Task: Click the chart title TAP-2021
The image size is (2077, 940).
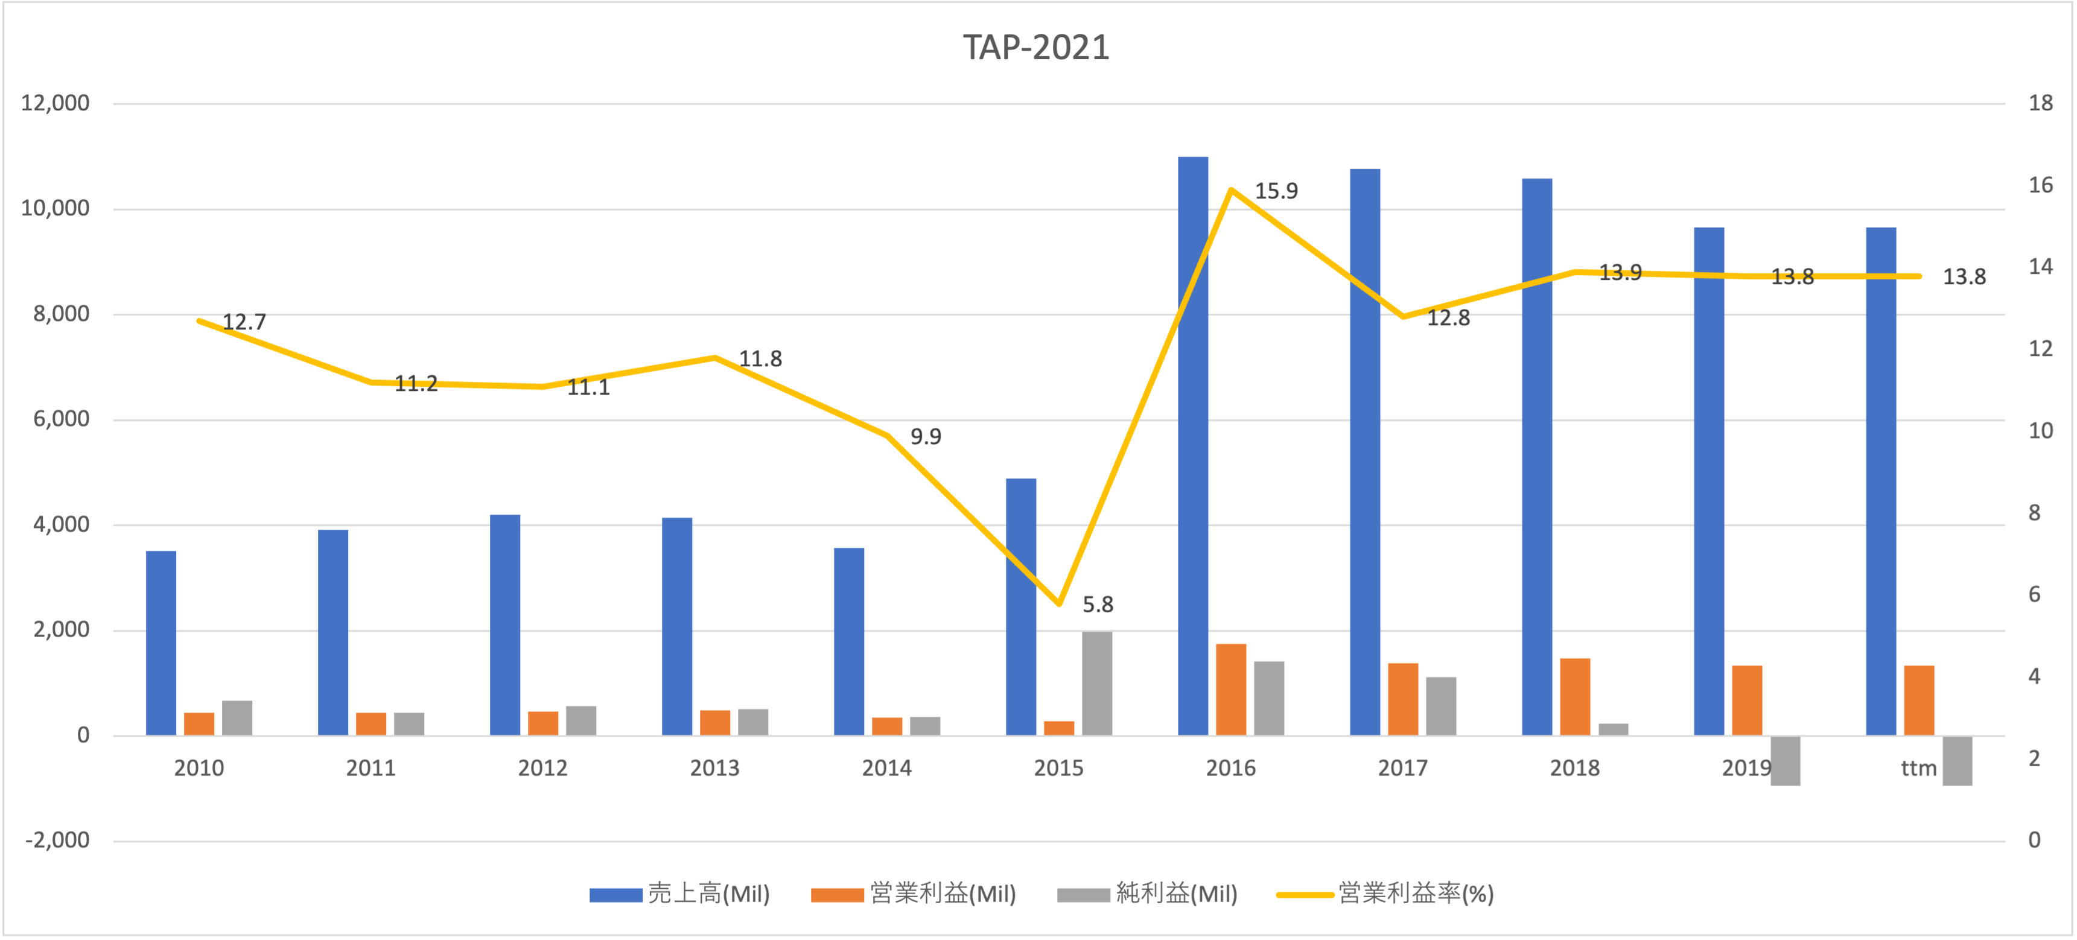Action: (1036, 48)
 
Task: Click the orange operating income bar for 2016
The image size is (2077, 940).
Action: (1230, 689)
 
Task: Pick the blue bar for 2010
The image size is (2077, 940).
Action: (161, 643)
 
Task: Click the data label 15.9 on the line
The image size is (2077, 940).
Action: (1276, 191)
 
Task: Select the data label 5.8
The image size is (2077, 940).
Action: (1098, 604)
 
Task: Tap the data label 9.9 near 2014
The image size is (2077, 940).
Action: (926, 436)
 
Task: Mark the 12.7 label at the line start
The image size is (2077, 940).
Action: (244, 322)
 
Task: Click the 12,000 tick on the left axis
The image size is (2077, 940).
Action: (55, 103)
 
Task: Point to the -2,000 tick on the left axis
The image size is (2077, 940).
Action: (57, 840)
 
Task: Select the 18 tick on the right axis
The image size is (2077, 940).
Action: (2040, 103)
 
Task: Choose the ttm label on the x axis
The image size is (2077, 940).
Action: (1918, 768)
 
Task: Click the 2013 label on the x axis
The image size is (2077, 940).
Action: (714, 768)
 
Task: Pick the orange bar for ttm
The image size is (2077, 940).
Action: (1918, 700)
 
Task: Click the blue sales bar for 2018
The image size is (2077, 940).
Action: (1537, 456)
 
